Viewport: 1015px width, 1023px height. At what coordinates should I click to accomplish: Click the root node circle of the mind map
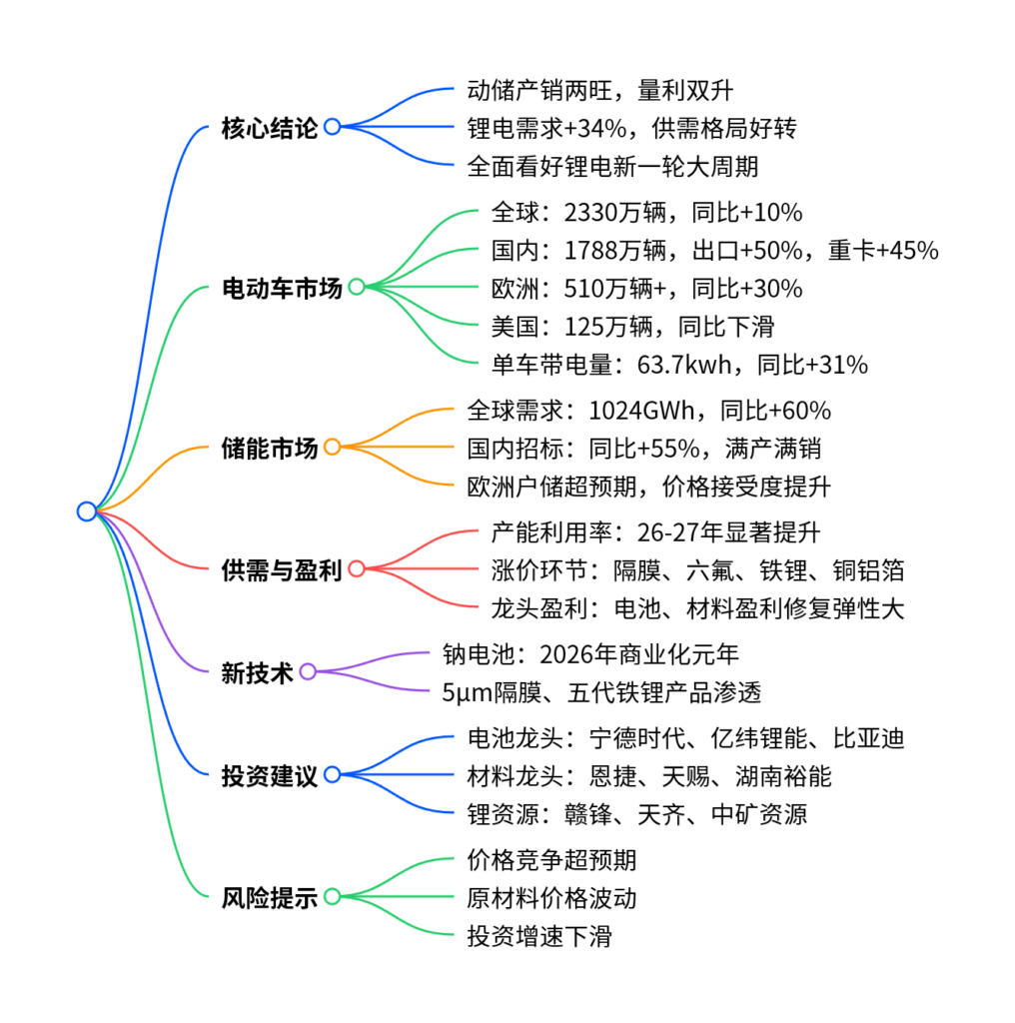87,511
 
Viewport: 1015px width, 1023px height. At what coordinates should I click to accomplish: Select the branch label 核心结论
269,128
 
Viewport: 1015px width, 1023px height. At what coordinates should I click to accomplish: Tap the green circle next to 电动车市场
356,288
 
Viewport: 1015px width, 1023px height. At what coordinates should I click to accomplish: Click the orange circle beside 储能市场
332,448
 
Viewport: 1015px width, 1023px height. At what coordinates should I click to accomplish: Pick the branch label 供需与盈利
281,570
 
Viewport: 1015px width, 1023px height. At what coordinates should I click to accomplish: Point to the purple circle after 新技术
308,672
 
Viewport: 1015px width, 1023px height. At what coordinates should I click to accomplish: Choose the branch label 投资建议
269,774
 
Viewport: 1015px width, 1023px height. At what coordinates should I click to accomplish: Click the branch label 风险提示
269,897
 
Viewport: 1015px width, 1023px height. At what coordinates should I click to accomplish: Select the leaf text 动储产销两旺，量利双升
600,91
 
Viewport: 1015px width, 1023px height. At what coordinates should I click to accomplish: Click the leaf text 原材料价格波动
551,897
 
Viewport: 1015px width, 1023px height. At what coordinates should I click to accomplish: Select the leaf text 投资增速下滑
539,936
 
